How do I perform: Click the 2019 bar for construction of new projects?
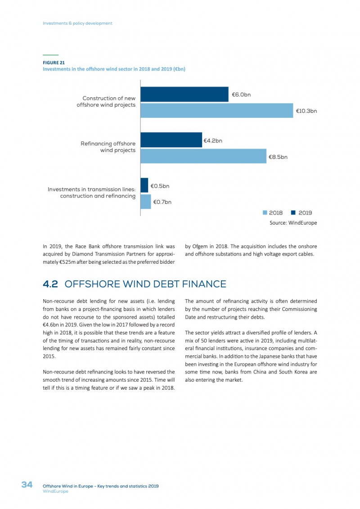[184, 94]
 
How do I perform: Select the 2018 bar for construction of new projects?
[217, 110]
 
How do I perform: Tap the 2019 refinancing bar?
[171, 140]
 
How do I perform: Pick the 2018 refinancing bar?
[203, 156]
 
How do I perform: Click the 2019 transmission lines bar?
[144, 185]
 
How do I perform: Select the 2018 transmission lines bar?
[146, 202]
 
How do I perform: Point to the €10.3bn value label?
[306, 111]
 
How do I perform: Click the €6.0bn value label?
[241, 95]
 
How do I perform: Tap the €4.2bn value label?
[213, 141]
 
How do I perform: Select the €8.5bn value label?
[278, 157]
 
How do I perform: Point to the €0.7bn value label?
[162, 202]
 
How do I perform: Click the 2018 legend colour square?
[265, 212]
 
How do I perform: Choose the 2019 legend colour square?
[293, 212]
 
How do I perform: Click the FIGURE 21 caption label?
[54, 63]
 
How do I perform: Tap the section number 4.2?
[50, 284]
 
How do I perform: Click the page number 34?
[27, 485]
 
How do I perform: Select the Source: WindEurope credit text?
[293, 223]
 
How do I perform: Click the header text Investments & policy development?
[77, 23]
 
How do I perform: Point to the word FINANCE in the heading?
[204, 284]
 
